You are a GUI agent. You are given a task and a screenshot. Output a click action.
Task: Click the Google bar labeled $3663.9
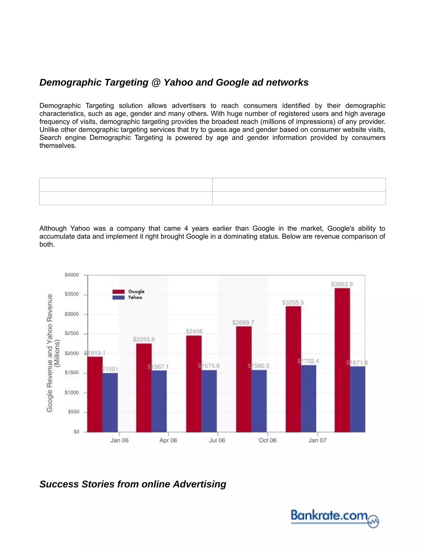tap(342, 360)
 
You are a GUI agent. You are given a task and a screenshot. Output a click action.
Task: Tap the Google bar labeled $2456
tap(194, 384)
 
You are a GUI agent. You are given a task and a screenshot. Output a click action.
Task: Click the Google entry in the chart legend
tap(128, 292)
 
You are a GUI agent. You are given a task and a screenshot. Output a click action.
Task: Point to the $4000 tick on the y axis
tap(72, 275)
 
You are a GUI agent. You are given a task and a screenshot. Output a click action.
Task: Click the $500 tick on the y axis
tap(73, 412)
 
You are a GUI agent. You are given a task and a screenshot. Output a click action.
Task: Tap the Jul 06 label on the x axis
tap(217, 440)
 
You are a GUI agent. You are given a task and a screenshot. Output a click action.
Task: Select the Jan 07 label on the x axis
tap(317, 440)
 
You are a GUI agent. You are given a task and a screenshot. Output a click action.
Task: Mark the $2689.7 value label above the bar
tap(243, 323)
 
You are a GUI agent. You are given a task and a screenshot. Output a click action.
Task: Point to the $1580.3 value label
tap(259, 366)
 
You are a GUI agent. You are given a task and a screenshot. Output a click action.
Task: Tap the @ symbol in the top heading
tap(156, 83)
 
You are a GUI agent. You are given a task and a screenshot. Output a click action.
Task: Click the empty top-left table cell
tap(126, 185)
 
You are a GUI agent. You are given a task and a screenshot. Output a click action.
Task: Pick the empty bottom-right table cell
tap(299, 198)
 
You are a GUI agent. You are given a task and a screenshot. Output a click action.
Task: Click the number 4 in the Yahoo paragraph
tap(186, 229)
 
